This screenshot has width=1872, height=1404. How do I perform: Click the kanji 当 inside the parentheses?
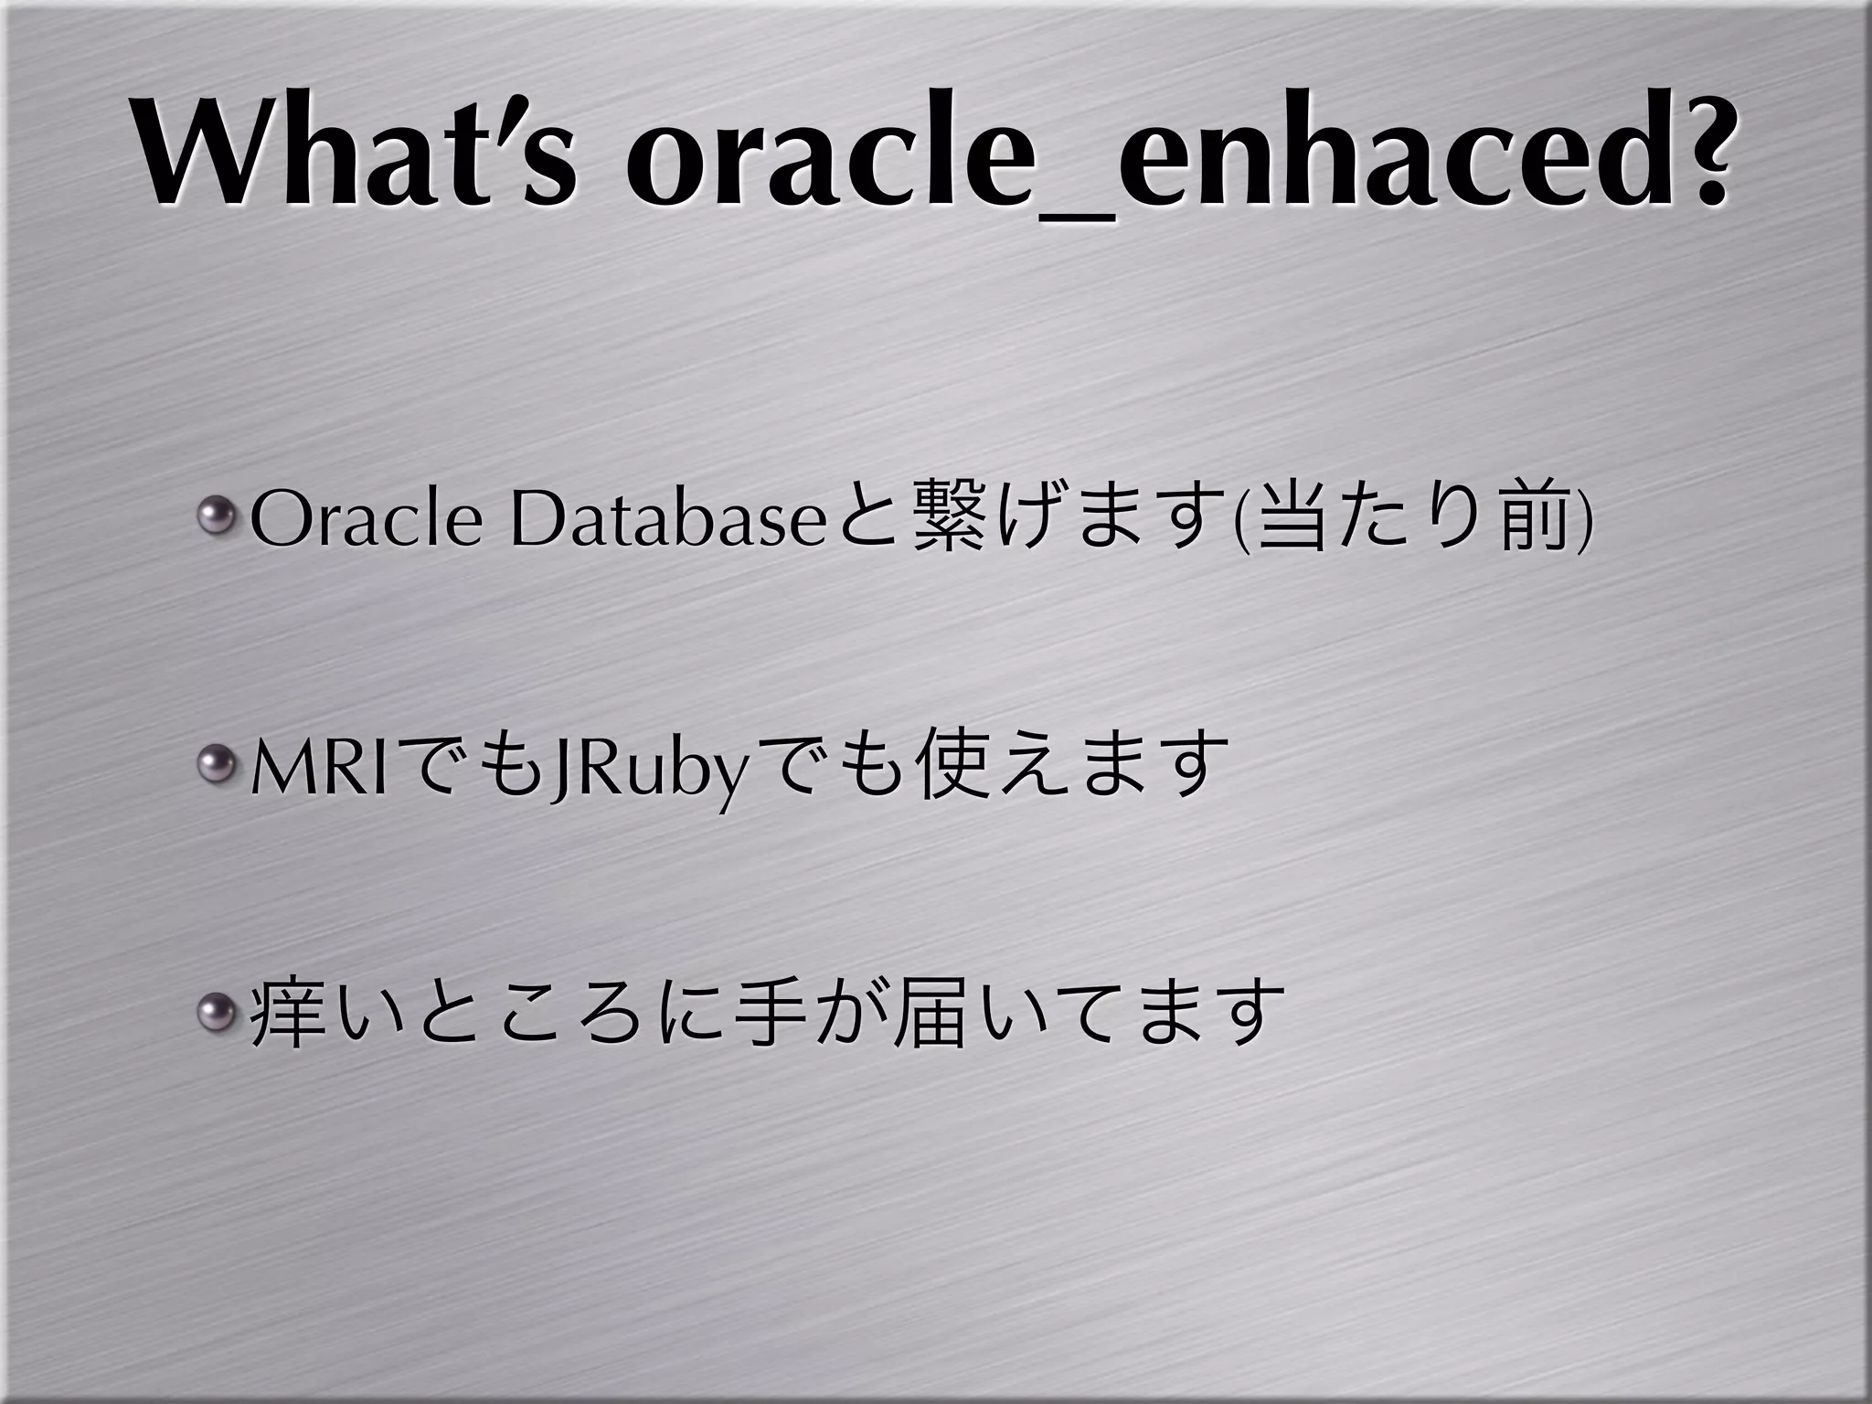1290,522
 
